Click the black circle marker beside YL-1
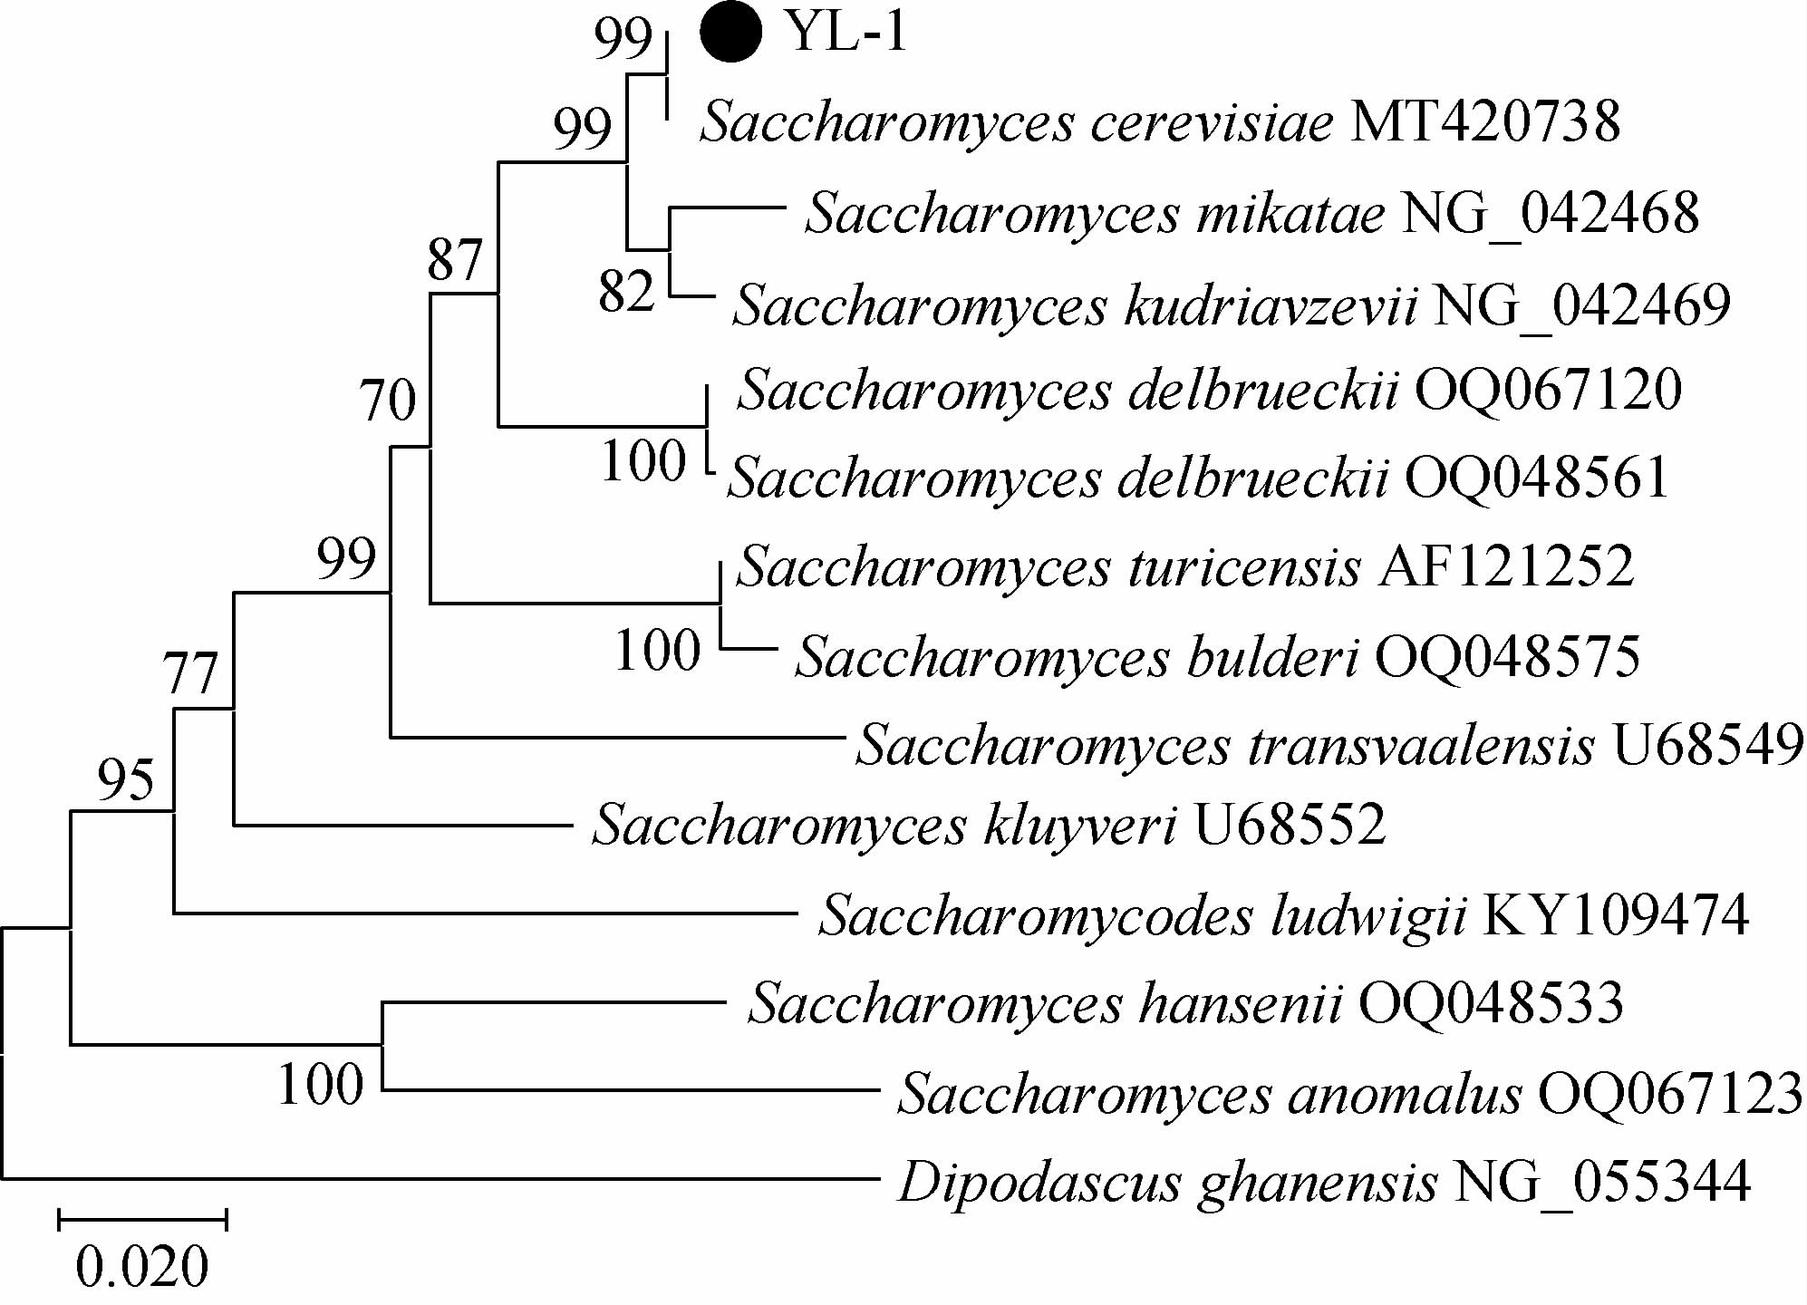pyautogui.click(x=730, y=33)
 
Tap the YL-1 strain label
pyautogui.click(x=846, y=33)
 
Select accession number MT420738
pyautogui.click(x=1484, y=122)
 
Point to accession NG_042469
pyautogui.click(x=1581, y=304)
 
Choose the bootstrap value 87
pyautogui.click(x=454, y=260)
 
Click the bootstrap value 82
pyautogui.click(x=626, y=292)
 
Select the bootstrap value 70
pyautogui.click(x=389, y=400)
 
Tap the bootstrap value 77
pyautogui.click(x=190, y=673)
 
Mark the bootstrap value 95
pyautogui.click(x=126, y=779)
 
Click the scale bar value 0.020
pyautogui.click(x=142, y=1267)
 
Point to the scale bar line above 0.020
pyautogui.click(x=142, y=1220)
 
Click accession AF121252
pyautogui.click(x=1506, y=566)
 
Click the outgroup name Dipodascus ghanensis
pyautogui.click(x=1167, y=1183)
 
